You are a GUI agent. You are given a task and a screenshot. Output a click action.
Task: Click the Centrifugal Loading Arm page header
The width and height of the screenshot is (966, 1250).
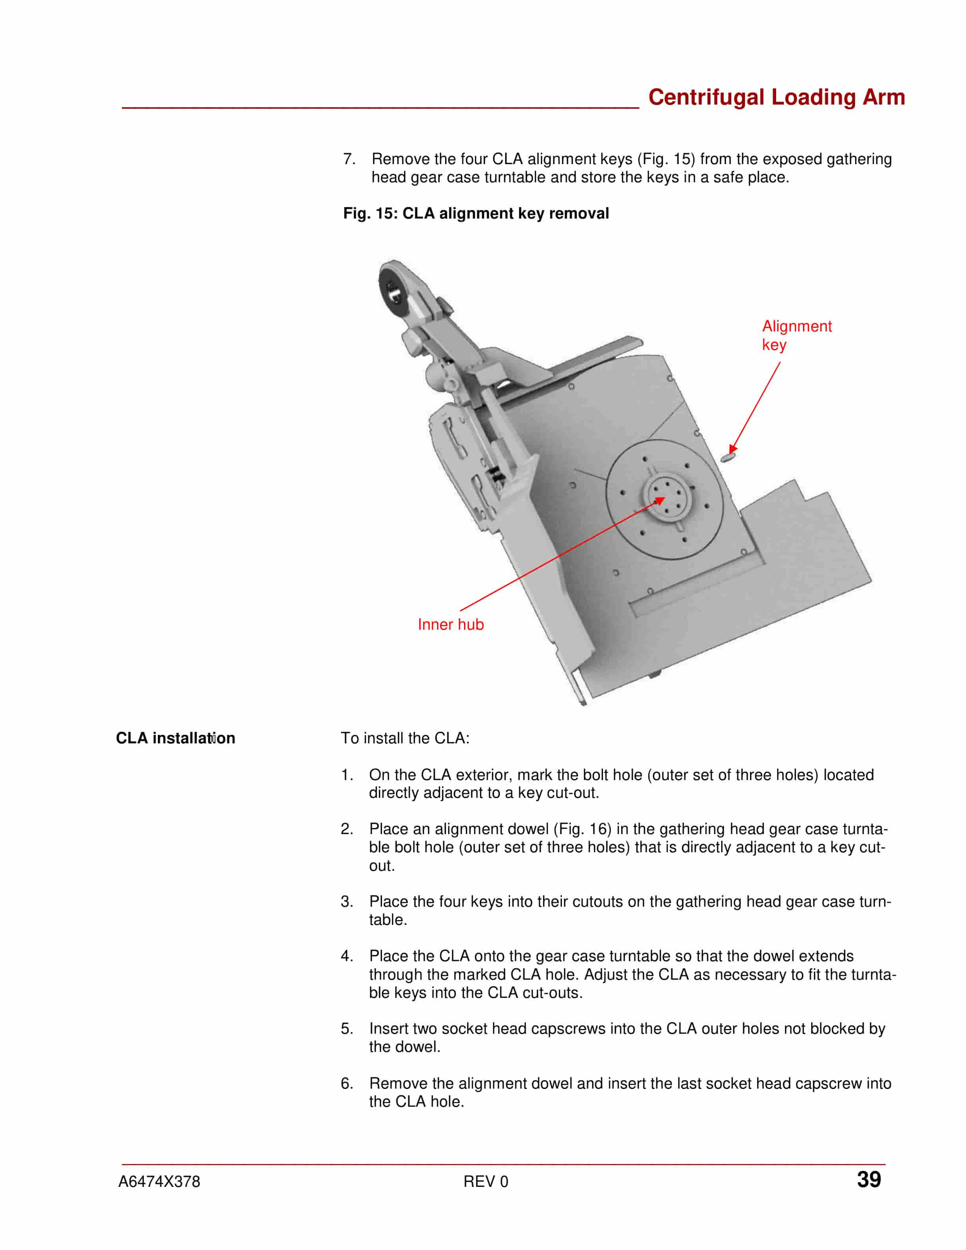pos(776,97)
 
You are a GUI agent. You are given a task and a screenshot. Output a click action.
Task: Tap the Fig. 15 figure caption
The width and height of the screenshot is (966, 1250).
pos(476,213)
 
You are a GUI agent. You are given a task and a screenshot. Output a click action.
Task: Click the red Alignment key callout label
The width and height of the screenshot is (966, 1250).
pos(797,335)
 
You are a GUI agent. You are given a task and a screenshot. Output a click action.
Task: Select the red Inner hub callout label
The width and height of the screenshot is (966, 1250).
pos(450,625)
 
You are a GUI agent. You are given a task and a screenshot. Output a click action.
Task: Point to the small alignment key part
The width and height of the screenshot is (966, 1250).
pos(727,457)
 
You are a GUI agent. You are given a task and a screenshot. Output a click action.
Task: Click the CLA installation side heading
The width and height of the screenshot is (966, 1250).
pos(175,738)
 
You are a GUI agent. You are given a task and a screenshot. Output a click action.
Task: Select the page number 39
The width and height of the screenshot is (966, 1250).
pos(869,1180)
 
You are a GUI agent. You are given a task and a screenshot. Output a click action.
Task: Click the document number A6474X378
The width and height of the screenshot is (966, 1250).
pos(159,1182)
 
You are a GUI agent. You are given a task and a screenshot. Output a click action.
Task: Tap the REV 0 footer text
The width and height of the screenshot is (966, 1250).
pos(485,1182)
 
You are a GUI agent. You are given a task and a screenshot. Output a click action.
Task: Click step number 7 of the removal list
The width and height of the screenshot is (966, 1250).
pos(349,159)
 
